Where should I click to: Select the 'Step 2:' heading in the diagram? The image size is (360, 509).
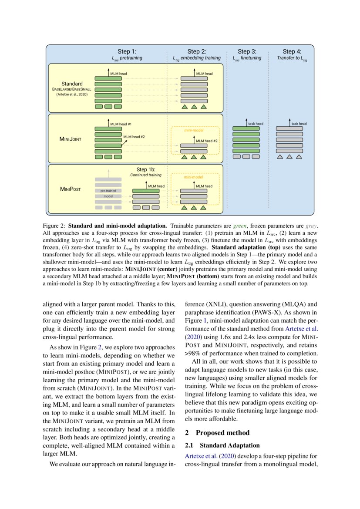click(x=196, y=51)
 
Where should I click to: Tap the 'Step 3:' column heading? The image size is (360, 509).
click(x=247, y=51)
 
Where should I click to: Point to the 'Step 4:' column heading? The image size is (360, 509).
click(x=292, y=51)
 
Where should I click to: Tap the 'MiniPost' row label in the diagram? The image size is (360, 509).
click(x=71, y=189)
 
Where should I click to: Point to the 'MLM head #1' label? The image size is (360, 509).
click(x=121, y=124)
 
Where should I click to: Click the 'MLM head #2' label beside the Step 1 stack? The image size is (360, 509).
click(x=134, y=137)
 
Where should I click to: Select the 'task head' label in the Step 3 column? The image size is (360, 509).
click(x=256, y=124)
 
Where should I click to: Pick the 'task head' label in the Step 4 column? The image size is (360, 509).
click(x=299, y=124)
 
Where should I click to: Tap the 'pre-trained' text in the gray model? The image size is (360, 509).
click(x=108, y=191)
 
